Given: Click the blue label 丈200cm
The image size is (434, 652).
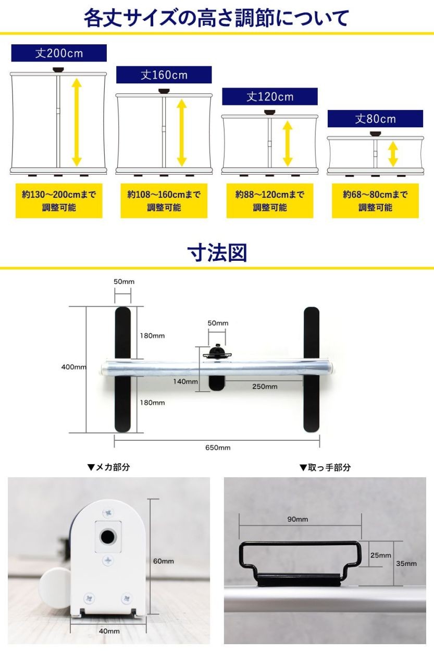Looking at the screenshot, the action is click(59, 53).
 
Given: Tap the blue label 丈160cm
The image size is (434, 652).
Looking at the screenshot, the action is click(164, 75).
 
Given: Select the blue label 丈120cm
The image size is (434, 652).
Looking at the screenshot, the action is click(270, 96).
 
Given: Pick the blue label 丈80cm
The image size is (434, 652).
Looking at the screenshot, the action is click(375, 118).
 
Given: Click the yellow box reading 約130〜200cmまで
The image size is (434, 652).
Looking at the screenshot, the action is click(59, 200).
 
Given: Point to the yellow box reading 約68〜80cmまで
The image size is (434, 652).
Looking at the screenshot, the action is click(375, 200).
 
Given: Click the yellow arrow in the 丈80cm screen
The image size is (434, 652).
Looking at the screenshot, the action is click(393, 154).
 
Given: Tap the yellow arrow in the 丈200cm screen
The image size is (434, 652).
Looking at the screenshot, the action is click(77, 122).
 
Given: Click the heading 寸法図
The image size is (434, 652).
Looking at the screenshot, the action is click(217, 252).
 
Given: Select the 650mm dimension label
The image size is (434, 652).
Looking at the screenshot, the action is click(218, 448).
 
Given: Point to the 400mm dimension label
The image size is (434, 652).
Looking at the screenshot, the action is click(73, 367).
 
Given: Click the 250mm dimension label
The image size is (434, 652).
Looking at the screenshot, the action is click(265, 387).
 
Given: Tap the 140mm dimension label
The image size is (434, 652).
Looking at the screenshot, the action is click(185, 381).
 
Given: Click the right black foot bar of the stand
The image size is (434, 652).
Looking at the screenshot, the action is click(312, 369).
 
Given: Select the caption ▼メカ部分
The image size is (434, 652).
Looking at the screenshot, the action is click(108, 467).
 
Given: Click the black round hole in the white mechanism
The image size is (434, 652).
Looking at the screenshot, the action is click(108, 536).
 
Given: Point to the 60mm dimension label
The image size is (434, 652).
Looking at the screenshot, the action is click(164, 561).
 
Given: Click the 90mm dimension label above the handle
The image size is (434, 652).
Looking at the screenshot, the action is click(297, 519).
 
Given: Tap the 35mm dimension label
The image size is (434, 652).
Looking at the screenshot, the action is click(406, 563).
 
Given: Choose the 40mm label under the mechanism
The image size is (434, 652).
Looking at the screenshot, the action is click(109, 631).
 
